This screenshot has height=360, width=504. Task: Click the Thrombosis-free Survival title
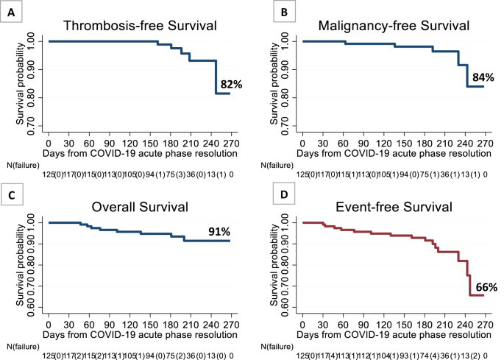tap(141, 26)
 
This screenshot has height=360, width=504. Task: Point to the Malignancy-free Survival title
tap(395, 26)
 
